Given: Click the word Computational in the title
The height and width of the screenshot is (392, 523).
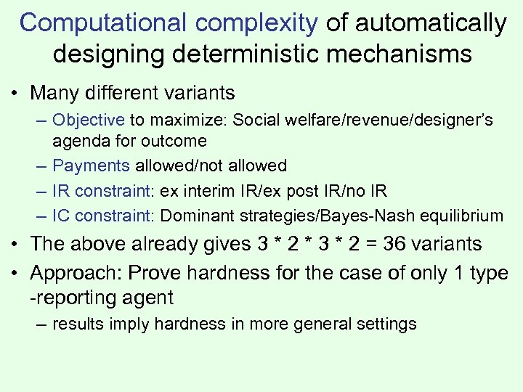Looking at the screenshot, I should pos(104,23).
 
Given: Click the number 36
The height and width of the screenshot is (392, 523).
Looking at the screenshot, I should pos(396,244).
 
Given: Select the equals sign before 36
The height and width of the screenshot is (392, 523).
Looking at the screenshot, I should pos(370,244).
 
